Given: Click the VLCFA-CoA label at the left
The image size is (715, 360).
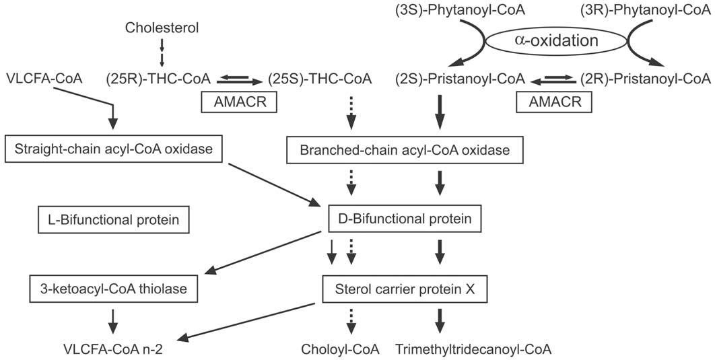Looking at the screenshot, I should click(x=44, y=79).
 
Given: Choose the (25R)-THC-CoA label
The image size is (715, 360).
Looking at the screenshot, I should click(x=149, y=79).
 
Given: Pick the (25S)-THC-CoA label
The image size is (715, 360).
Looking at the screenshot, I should click(x=320, y=79).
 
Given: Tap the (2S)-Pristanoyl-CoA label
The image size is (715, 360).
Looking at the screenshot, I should click(x=461, y=79).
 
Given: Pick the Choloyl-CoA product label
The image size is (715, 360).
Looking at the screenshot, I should click(x=341, y=349).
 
